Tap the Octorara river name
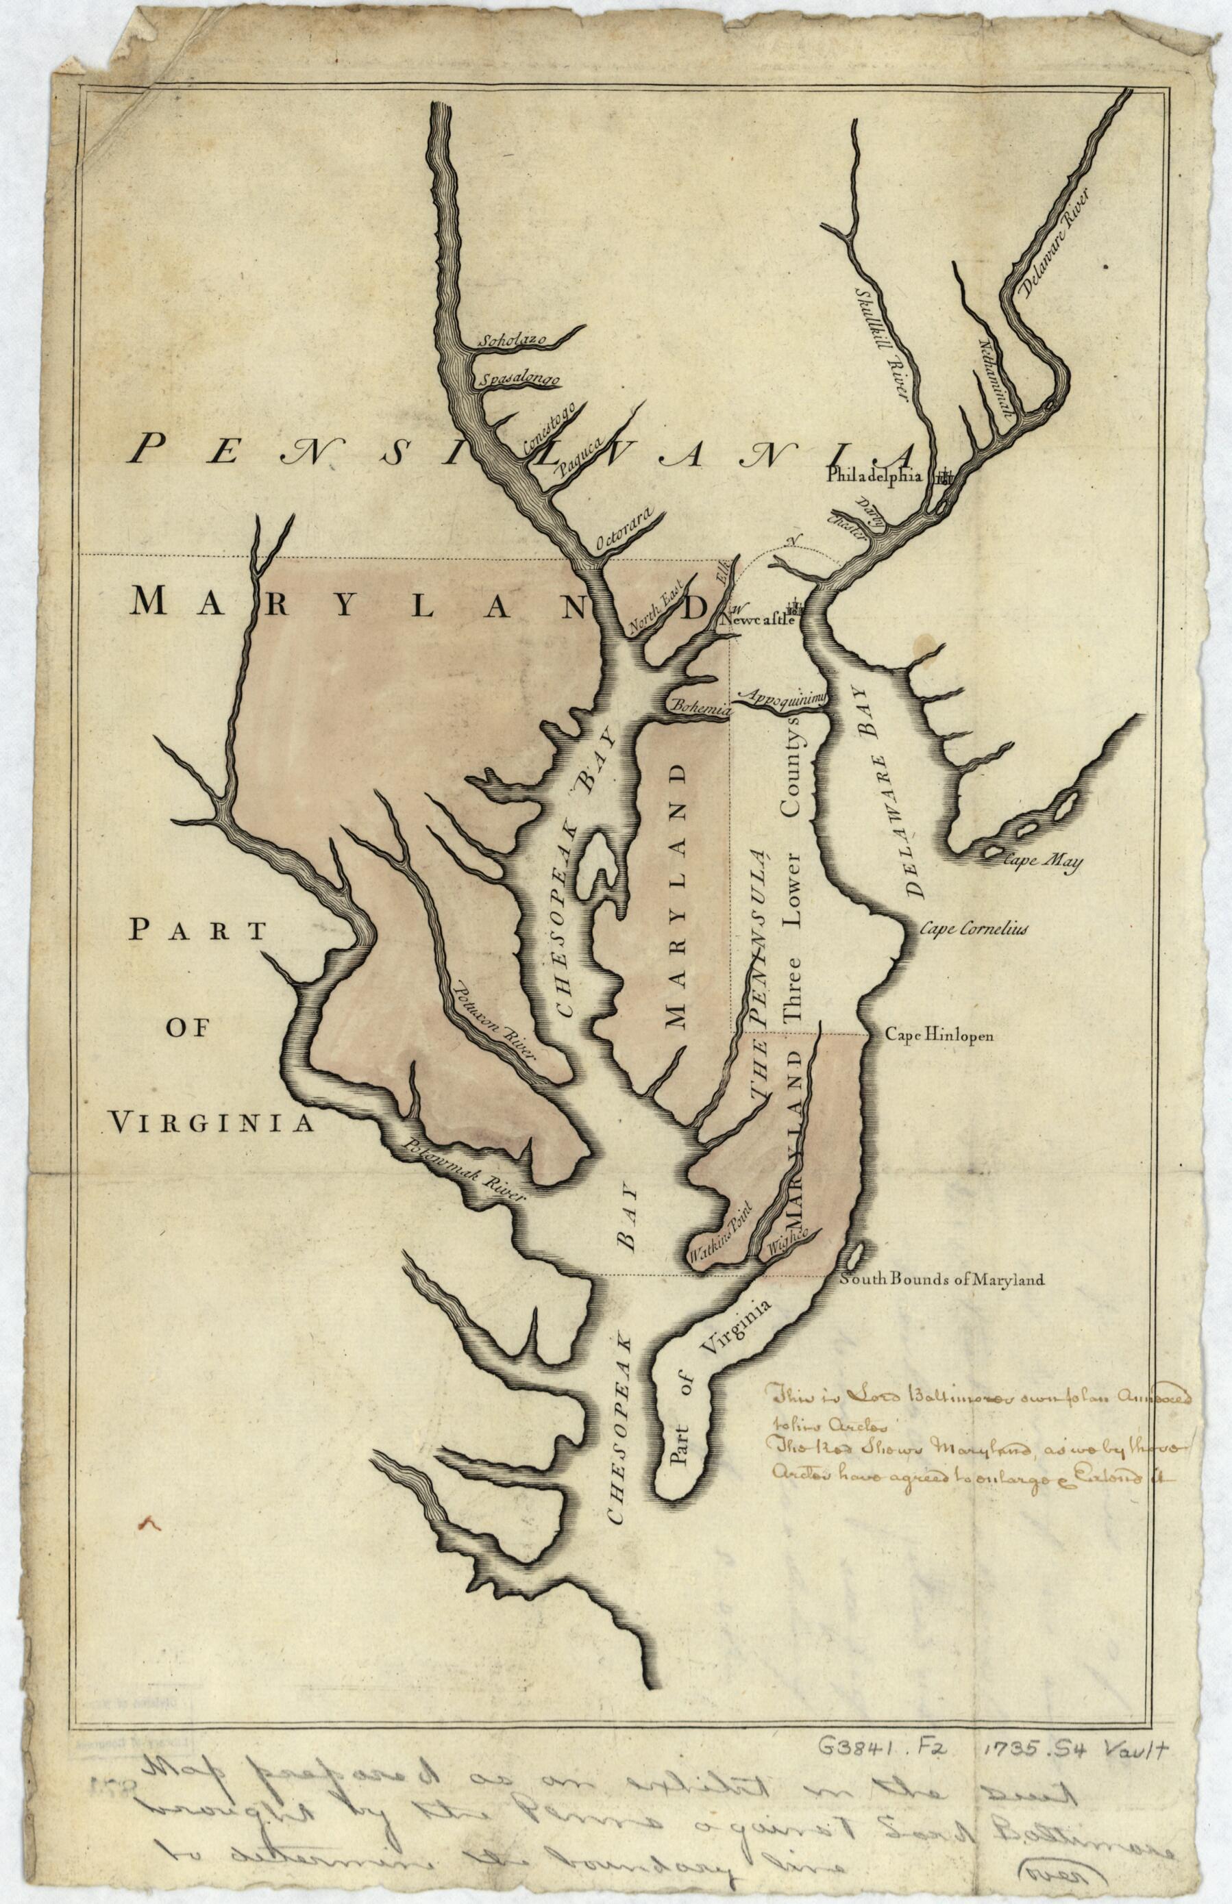point(626,528)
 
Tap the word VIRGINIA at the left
point(210,1123)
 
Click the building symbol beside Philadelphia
point(945,477)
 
